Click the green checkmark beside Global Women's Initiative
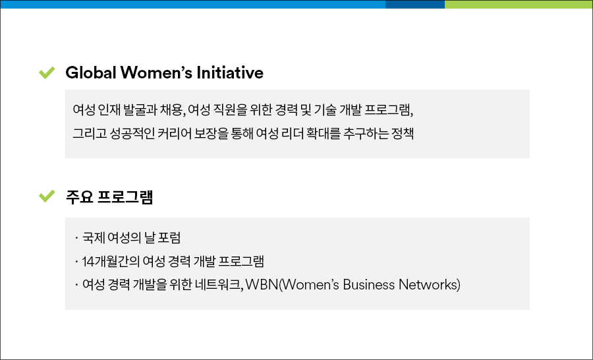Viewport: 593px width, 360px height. (47, 73)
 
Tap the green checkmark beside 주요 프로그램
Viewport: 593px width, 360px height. (47, 196)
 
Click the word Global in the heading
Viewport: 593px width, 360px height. (91, 73)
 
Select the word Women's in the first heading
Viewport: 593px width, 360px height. (157, 73)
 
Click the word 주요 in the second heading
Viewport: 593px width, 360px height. (80, 197)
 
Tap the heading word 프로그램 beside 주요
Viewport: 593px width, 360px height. (125, 197)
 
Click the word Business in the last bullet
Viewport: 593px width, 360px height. (369, 285)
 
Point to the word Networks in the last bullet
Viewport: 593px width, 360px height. (428, 285)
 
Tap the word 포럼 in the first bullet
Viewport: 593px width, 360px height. (169, 238)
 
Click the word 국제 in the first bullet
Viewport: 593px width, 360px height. (94, 238)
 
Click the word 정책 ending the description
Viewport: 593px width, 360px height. (403, 133)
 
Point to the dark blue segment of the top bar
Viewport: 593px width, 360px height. (415, 4)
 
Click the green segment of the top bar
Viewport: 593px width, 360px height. (519, 4)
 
